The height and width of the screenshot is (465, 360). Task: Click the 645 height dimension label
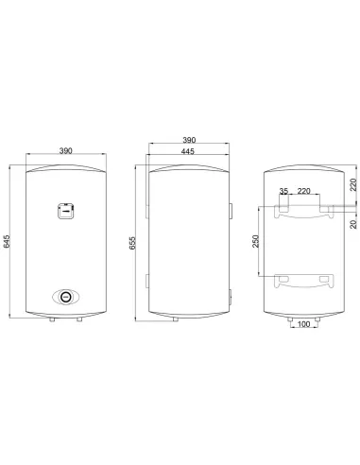(x=8, y=243)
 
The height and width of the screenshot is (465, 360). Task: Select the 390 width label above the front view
(x=65, y=150)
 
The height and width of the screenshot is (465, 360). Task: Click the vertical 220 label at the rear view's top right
(x=353, y=185)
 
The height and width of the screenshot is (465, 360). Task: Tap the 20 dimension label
(x=353, y=223)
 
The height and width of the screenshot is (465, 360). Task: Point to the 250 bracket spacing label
(x=256, y=242)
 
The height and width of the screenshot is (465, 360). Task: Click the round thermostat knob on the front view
(x=65, y=296)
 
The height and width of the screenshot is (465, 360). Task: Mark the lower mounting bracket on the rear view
(x=303, y=281)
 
